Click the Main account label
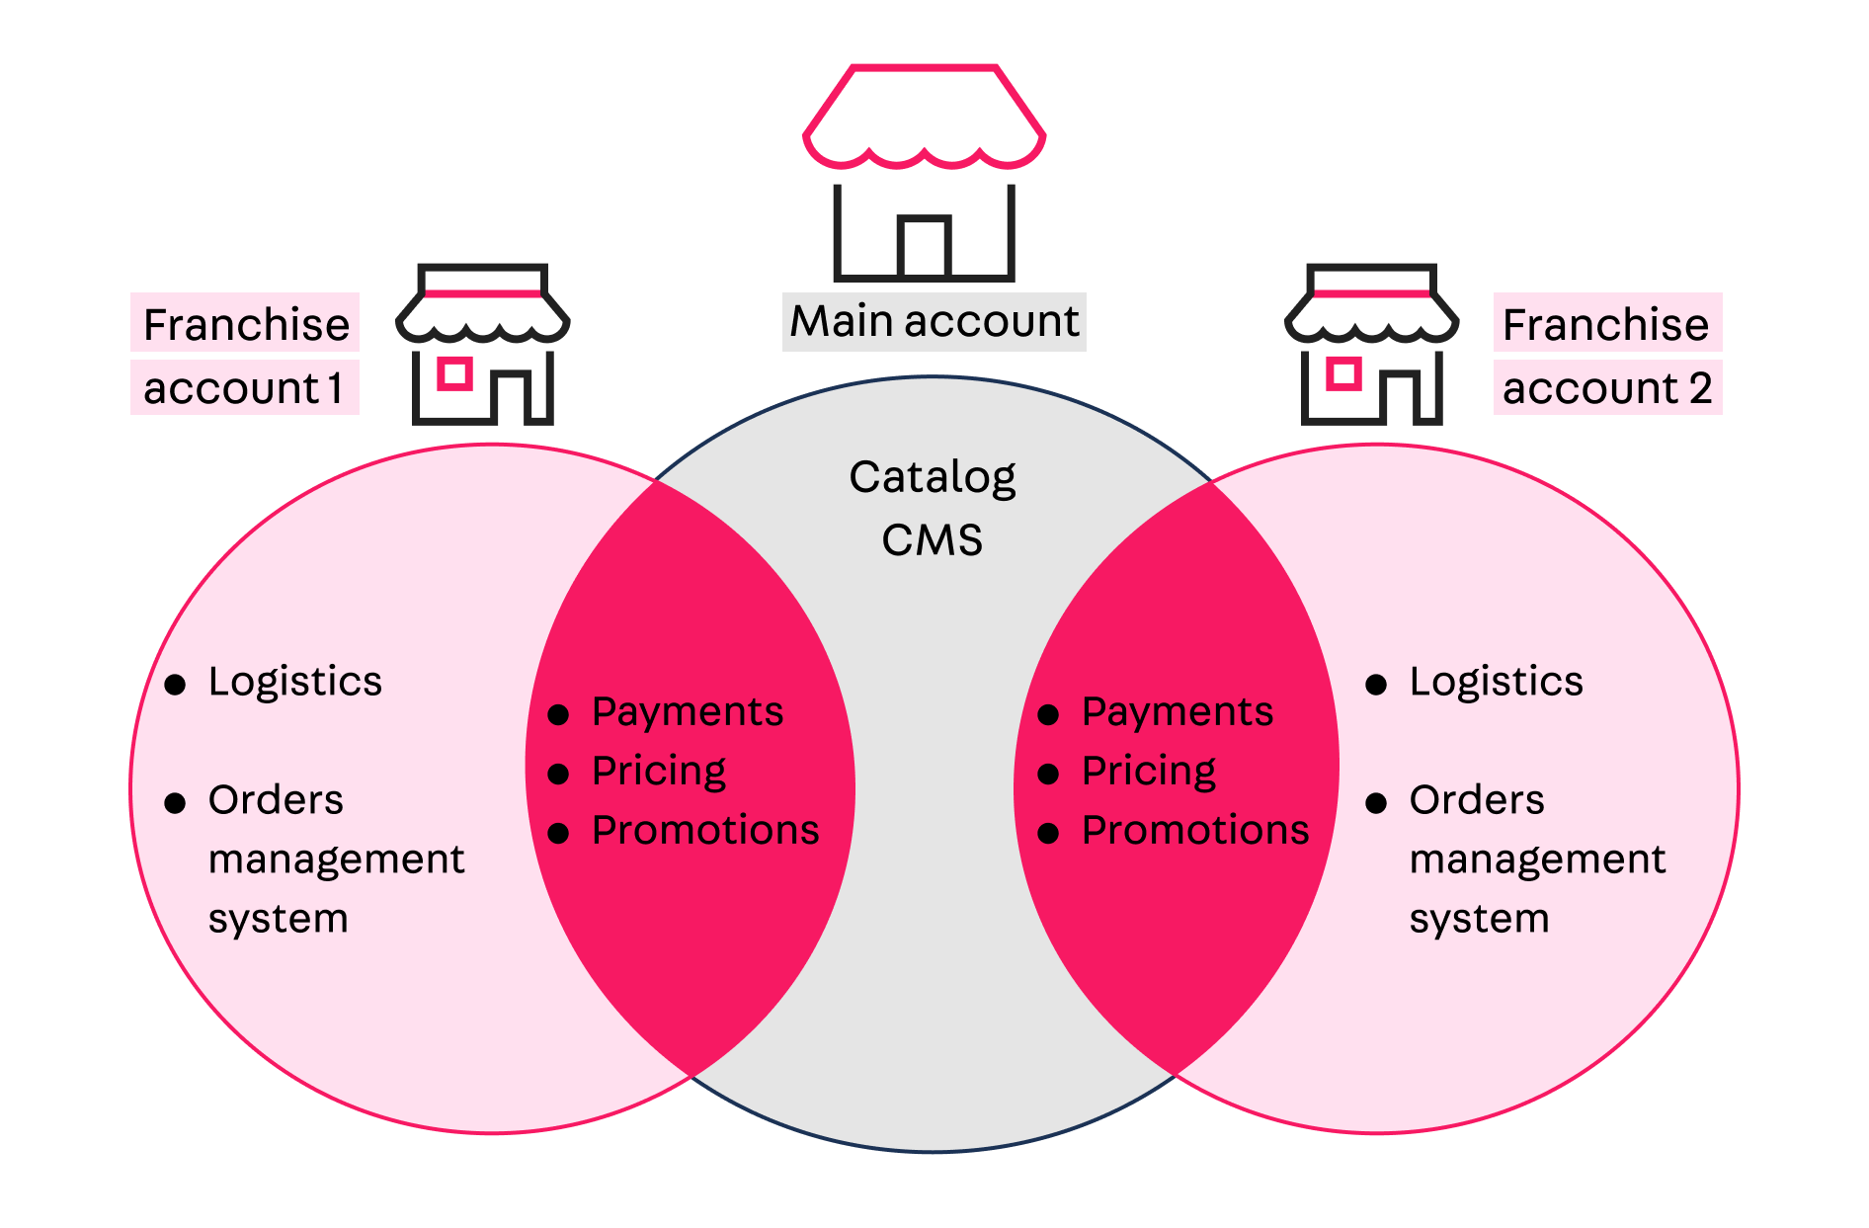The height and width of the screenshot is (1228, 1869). pyautogui.click(x=934, y=322)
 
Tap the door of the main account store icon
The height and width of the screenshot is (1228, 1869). pyautogui.click(x=925, y=247)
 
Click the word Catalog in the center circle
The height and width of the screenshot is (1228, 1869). pyautogui.click(x=932, y=478)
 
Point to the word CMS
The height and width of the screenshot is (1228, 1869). pyautogui.click(x=932, y=540)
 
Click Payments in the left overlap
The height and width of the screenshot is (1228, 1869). pyautogui.click(x=688, y=712)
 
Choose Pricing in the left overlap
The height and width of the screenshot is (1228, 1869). pyautogui.click(x=659, y=772)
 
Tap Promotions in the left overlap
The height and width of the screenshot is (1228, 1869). pyautogui.click(x=705, y=831)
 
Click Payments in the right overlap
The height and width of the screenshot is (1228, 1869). pyautogui.click(x=1178, y=712)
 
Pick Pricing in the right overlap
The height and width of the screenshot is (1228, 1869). pyautogui.click(x=1149, y=772)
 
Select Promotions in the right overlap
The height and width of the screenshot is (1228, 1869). pyautogui.click(x=1195, y=831)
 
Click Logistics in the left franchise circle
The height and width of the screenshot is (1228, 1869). pyautogui.click(x=295, y=682)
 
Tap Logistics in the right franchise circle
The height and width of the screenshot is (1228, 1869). pyautogui.click(x=1497, y=682)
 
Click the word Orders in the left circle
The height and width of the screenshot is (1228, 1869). pyautogui.click(x=276, y=800)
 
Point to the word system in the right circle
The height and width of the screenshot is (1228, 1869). pyautogui.click(x=1479, y=919)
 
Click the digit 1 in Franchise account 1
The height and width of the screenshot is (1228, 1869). pyautogui.click(x=336, y=388)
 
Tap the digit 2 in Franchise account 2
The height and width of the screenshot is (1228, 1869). pyautogui.click(x=1700, y=388)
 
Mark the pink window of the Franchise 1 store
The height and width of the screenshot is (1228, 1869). pyautogui.click(x=454, y=373)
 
